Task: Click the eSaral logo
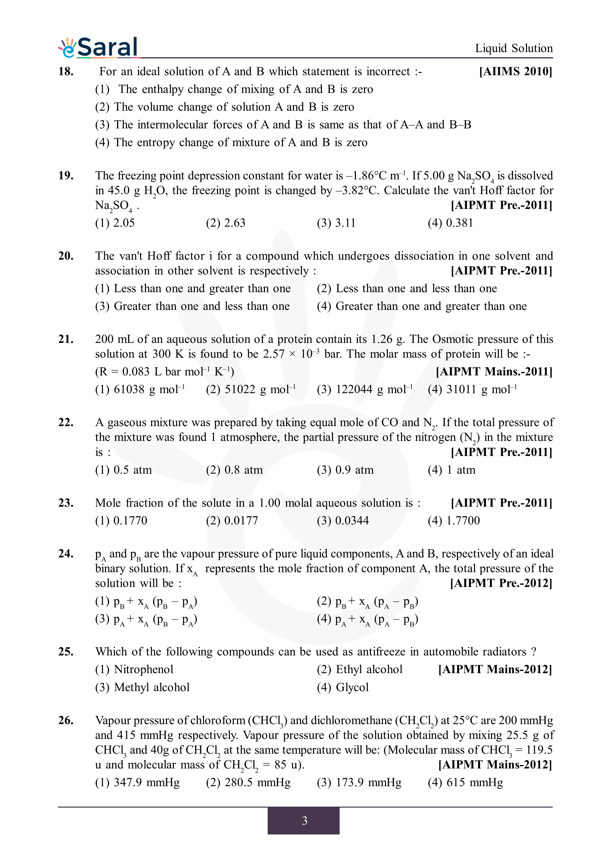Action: coord(99,48)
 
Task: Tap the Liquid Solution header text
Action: coord(513,48)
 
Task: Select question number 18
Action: coord(66,71)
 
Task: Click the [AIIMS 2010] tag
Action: coord(515,71)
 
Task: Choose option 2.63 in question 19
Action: coord(226,223)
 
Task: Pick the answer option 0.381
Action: coord(450,223)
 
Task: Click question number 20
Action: coord(66,256)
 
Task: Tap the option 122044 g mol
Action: coord(365,389)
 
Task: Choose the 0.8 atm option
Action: coord(234,470)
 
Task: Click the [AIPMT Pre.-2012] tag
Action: coord(501,583)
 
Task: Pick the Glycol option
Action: coord(343,687)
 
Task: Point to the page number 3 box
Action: coord(303,820)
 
